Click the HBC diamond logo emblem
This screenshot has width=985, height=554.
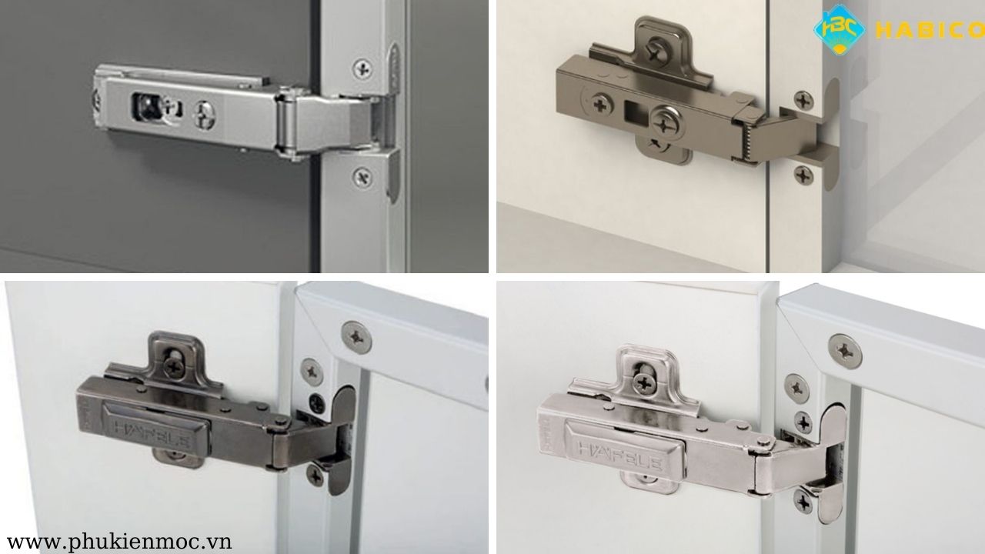pos(840,30)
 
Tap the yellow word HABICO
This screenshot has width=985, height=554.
pos(930,31)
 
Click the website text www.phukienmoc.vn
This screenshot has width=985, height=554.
pos(119,541)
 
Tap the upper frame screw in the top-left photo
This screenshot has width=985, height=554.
pos(362,69)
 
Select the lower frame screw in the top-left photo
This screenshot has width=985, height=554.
pos(362,177)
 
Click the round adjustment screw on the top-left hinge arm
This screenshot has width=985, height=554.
pos(205,115)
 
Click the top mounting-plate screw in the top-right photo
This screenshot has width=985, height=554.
pos(658,48)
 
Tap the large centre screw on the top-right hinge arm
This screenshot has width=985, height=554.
pos(667,122)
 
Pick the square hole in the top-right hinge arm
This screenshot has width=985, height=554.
pos(635,112)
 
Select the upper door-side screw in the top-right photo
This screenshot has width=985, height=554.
pos(804,101)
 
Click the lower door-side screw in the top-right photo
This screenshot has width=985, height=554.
pos(804,175)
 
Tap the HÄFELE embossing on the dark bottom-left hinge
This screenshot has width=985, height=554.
pos(152,432)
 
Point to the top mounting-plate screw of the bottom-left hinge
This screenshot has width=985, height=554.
pos(174,365)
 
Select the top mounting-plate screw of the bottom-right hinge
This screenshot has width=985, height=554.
pos(645,383)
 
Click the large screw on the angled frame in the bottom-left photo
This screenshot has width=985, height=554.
pos(356,337)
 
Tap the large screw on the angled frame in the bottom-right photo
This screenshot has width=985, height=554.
pos(845,352)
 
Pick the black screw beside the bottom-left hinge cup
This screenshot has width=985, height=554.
pos(317,404)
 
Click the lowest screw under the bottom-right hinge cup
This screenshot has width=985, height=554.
pos(803,501)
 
